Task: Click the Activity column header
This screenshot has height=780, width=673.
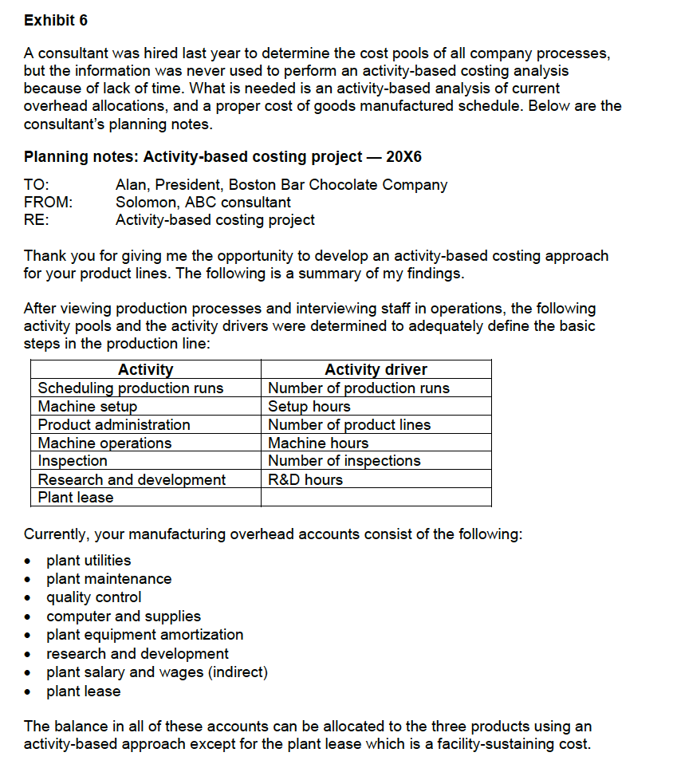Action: (145, 369)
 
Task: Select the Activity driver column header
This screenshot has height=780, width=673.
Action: (376, 369)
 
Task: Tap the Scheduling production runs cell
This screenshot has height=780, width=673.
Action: (131, 388)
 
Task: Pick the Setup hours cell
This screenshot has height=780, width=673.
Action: (309, 407)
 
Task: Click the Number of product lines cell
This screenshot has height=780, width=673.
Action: (349, 425)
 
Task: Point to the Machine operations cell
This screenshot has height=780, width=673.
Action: (104, 443)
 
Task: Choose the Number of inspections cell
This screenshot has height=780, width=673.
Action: (344, 461)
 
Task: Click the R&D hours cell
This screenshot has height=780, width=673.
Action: (305, 480)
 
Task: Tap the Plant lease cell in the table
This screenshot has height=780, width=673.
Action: (76, 498)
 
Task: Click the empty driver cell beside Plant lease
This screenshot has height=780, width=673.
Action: (376, 498)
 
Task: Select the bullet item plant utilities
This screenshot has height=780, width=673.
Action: (89, 561)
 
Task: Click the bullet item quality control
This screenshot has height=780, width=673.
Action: (94, 597)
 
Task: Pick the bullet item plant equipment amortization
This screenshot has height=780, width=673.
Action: (145, 635)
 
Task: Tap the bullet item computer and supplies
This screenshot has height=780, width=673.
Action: (124, 617)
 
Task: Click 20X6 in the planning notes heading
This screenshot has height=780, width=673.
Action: (403, 157)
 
